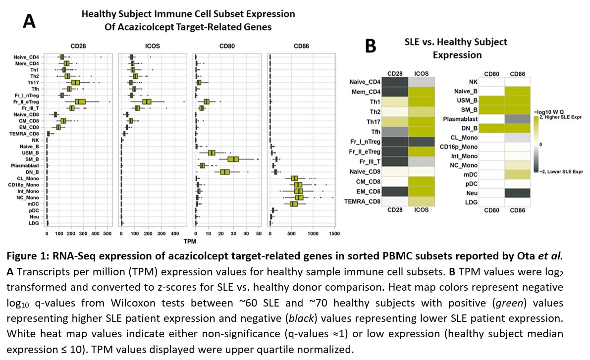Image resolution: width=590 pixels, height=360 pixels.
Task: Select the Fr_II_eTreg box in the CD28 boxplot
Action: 81,102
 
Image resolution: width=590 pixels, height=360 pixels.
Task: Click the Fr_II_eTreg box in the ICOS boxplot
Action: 147,102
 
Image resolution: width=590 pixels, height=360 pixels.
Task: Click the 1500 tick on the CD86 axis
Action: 334,233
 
